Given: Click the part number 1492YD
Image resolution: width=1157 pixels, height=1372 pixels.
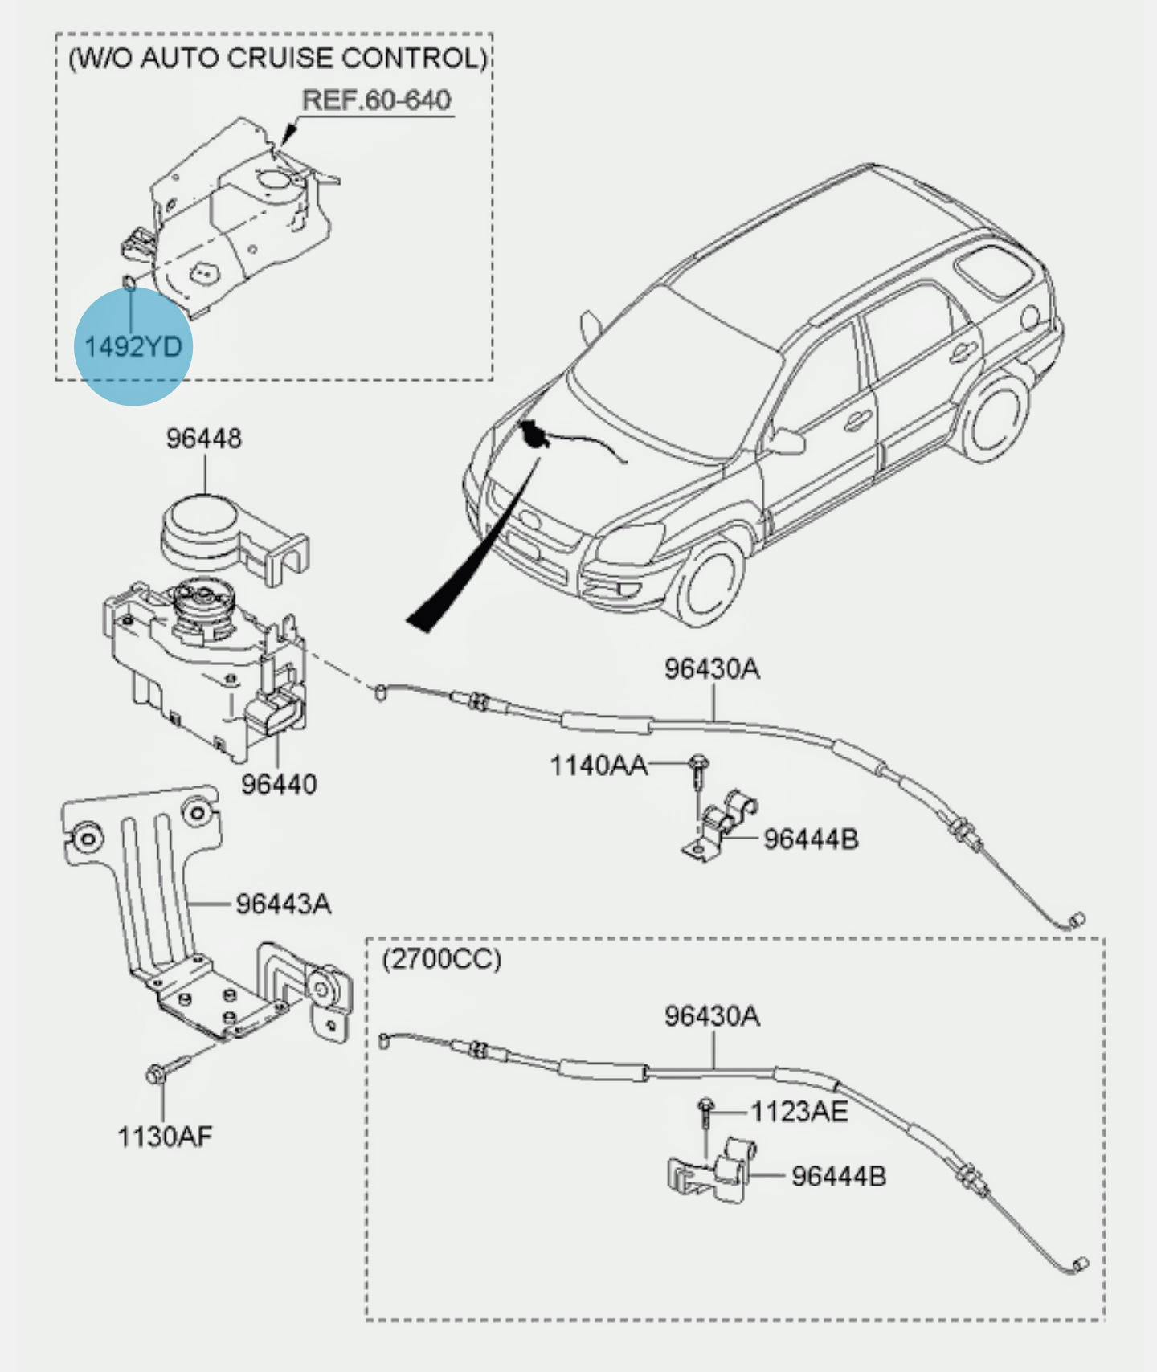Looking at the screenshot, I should (x=133, y=347).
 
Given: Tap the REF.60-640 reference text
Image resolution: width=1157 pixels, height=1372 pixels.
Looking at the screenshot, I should (x=376, y=100).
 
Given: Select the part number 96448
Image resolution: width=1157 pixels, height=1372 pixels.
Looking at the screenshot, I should (x=204, y=439).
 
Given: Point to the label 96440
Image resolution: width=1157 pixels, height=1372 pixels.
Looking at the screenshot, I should (x=279, y=783).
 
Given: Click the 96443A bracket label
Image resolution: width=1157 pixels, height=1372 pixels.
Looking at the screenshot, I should (x=283, y=904).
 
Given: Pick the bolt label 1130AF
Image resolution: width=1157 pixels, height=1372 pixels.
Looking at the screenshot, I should (x=165, y=1137).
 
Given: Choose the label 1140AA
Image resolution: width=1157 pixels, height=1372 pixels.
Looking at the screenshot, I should (x=598, y=766).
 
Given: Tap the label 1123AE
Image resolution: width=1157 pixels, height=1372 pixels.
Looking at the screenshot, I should (x=799, y=1112).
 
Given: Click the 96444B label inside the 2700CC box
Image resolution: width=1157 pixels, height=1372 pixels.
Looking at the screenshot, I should (x=838, y=1176).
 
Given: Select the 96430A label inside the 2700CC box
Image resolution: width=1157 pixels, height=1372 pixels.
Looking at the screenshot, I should (x=711, y=1016).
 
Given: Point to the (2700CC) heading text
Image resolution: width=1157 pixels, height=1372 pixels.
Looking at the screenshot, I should (x=441, y=959).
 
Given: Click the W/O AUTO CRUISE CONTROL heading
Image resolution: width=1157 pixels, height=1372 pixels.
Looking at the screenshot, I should (x=278, y=59).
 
